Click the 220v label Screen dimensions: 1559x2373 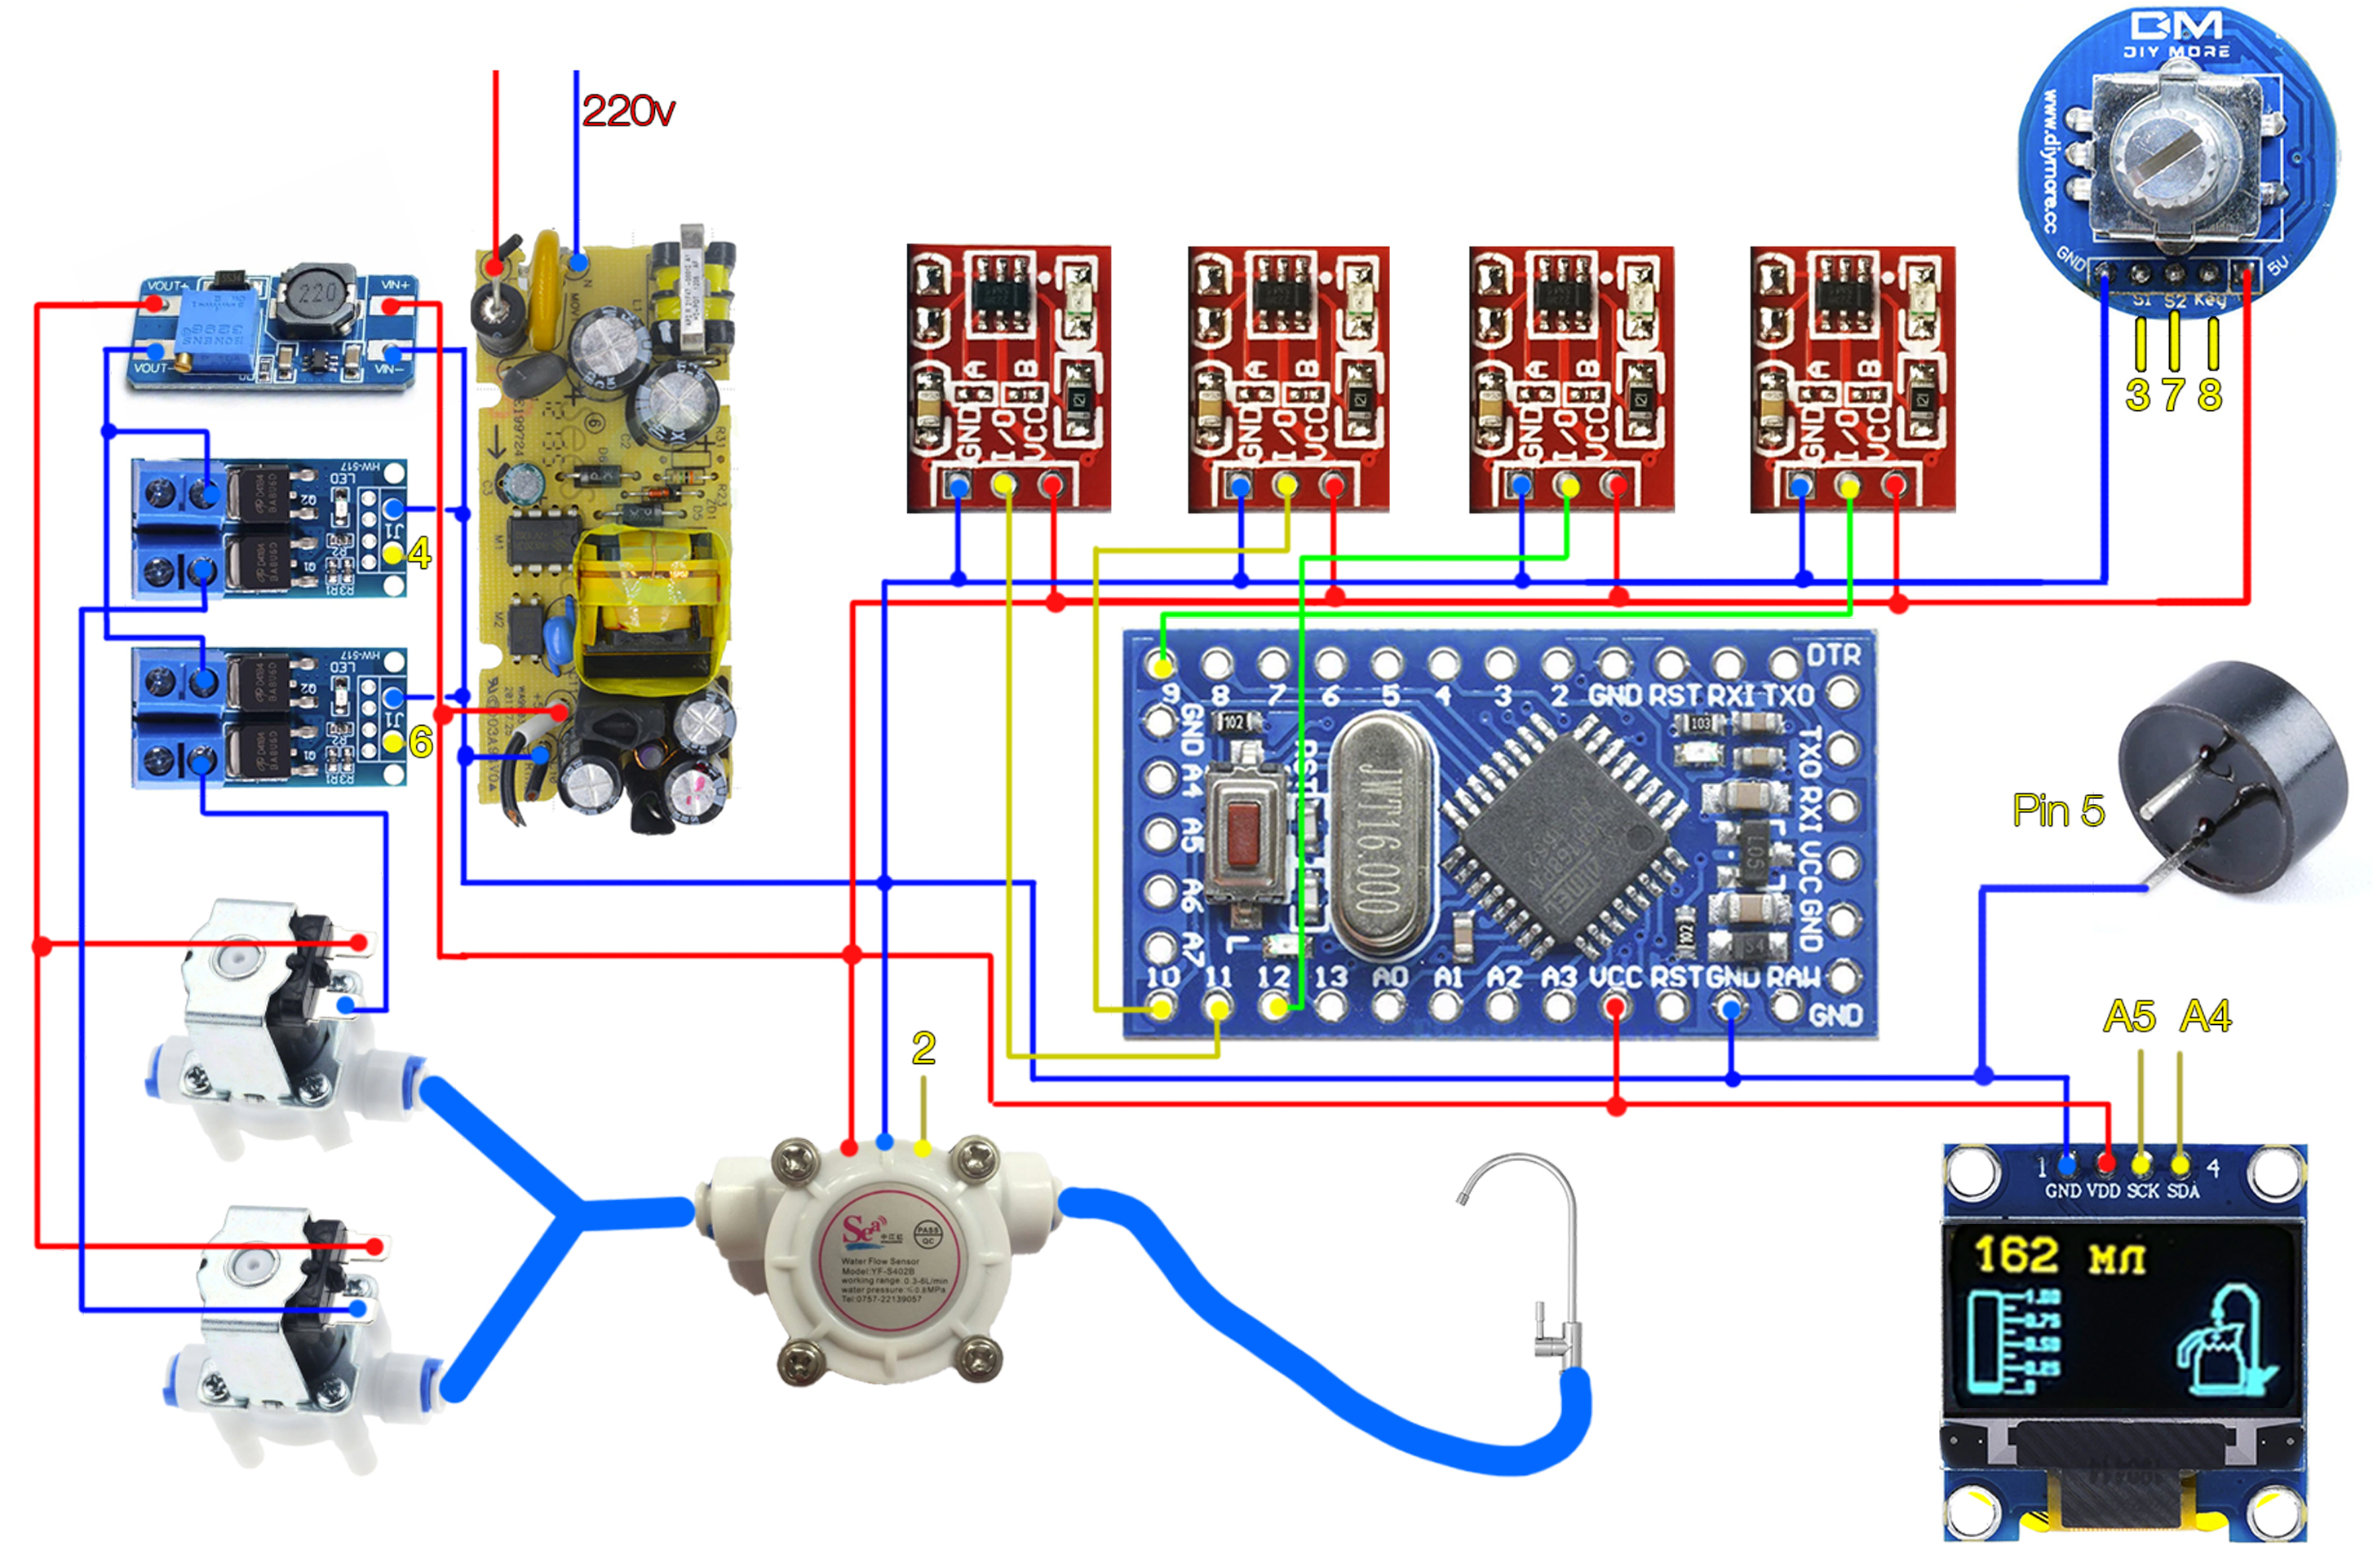628,111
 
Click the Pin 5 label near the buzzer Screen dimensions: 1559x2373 2057,810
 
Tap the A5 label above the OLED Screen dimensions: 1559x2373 2129,1017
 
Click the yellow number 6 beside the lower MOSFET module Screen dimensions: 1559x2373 421,742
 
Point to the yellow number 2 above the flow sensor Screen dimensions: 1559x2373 923,1048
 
